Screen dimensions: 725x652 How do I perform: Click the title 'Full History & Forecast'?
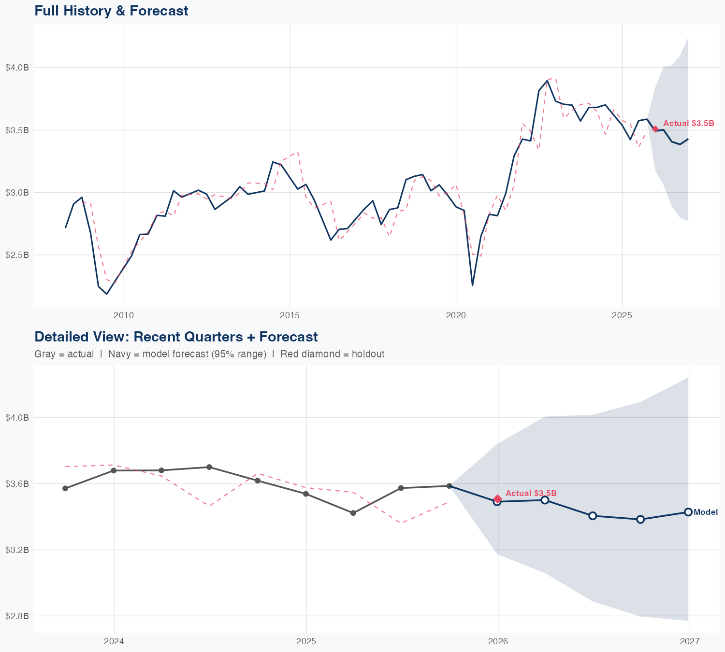tap(111, 11)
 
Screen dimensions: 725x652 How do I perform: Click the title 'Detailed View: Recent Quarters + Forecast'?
tap(176, 337)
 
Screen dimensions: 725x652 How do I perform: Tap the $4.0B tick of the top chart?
tap(17, 68)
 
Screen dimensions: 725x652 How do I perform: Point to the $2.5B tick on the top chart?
tap(17, 255)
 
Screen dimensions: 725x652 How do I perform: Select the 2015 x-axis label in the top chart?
tap(290, 316)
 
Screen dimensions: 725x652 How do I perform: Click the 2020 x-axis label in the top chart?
tap(456, 316)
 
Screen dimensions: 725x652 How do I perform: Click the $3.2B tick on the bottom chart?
tap(17, 550)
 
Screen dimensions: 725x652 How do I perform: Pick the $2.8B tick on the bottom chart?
tap(17, 616)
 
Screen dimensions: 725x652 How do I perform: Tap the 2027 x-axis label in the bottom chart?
tap(690, 642)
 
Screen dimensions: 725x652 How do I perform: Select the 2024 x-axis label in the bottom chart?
tap(114, 642)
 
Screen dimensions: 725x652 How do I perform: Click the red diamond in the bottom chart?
tap(497, 499)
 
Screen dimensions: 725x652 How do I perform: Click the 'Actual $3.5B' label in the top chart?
tap(688, 124)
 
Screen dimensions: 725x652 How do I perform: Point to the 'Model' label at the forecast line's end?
tap(706, 512)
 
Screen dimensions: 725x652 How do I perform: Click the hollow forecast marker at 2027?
tap(688, 512)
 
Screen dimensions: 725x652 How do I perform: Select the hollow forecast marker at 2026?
tap(497, 502)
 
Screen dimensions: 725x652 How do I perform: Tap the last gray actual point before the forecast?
tap(449, 486)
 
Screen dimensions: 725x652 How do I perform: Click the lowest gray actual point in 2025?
tap(353, 513)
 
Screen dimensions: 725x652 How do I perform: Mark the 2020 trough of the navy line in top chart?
tap(472, 285)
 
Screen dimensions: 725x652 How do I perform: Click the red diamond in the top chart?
tap(655, 129)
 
